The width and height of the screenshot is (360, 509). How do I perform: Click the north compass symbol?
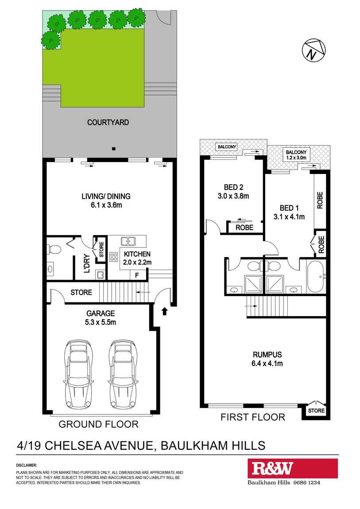pos(313,50)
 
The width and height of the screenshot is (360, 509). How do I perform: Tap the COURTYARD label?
pos(108,122)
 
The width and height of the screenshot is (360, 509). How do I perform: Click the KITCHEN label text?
pos(137,254)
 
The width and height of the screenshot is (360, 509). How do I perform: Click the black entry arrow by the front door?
pos(164,312)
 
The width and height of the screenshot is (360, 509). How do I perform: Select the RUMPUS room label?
pos(267,354)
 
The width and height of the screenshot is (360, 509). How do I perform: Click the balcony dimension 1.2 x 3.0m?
pos(296,157)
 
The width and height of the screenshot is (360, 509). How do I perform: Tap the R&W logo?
pos(273,468)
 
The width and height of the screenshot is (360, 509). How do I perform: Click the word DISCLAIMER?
pos(27,465)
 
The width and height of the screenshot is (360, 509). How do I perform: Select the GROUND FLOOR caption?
pos(99,424)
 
